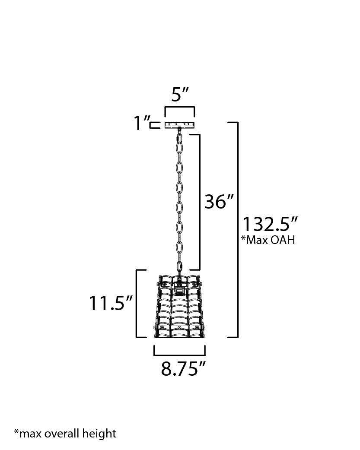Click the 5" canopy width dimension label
[180, 95]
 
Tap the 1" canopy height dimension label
[141, 124]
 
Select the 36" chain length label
[219, 202]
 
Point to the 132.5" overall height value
[270, 225]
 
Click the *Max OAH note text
[268, 241]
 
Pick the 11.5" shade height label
[111, 304]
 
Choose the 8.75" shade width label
[183, 369]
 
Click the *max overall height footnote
[65, 433]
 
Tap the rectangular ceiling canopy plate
[179, 125]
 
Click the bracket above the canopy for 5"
[179, 108]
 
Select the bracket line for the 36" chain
[199, 202]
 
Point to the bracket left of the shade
[137, 303]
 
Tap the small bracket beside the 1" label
[153, 125]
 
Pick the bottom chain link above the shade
[179, 266]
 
